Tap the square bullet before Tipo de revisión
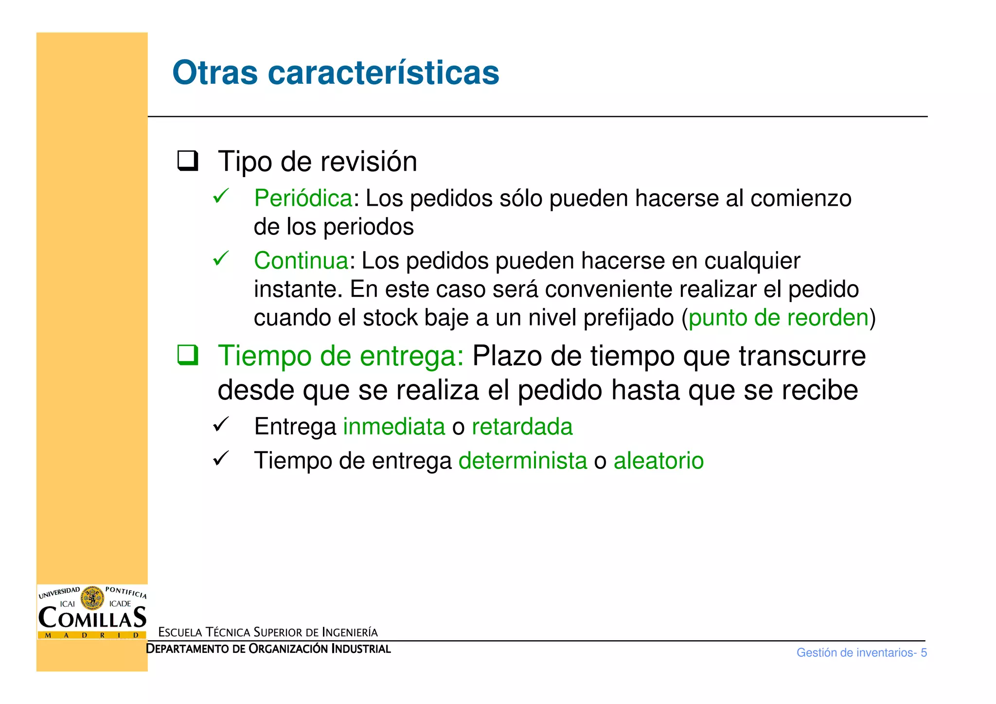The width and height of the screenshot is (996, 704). tap(187, 161)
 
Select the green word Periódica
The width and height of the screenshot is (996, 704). tap(303, 199)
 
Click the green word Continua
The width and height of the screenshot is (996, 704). tap(301, 261)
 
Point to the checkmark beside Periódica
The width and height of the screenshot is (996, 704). tap(221, 196)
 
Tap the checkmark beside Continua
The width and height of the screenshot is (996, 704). tap(221, 258)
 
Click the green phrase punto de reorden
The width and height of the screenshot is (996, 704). tap(778, 318)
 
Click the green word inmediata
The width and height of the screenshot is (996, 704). tap(394, 427)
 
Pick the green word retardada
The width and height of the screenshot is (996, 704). tap(522, 427)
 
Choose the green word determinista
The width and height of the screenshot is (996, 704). tap(522, 461)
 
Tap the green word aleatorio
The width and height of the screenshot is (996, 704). tap(658, 461)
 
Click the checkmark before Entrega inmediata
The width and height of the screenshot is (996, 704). tap(221, 425)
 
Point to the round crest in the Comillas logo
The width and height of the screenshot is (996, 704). tap(92, 598)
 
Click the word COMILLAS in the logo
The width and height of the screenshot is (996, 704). tap(92, 618)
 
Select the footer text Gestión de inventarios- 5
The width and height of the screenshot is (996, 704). tap(861, 653)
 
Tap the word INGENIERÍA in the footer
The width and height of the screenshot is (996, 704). tap(350, 632)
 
